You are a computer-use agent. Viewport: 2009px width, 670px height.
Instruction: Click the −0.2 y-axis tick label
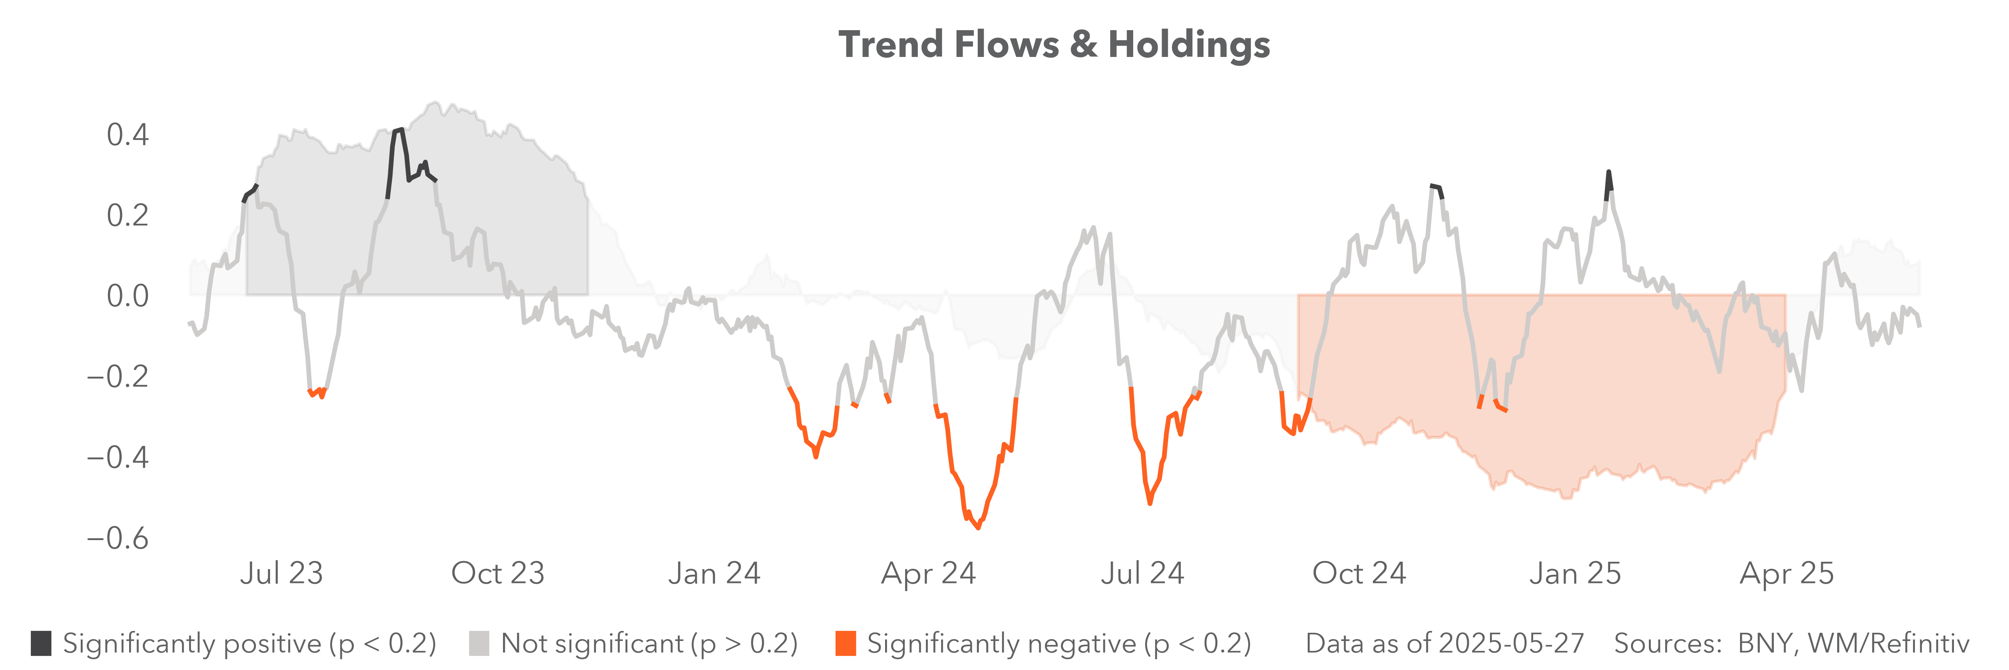tap(118, 377)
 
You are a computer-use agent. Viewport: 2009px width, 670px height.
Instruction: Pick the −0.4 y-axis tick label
tap(118, 457)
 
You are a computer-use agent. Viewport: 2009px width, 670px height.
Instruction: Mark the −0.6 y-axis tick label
tap(118, 538)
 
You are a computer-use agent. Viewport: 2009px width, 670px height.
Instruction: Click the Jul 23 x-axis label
tap(282, 573)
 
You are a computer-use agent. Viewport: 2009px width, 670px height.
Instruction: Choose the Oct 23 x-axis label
tap(497, 573)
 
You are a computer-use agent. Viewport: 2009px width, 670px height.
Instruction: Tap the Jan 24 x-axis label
tap(714, 573)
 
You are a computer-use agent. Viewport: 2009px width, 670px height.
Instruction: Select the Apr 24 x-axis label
tap(928, 573)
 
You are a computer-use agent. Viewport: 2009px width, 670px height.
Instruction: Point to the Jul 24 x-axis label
tap(1143, 573)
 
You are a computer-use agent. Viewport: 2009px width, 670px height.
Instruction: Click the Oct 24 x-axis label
tap(1359, 573)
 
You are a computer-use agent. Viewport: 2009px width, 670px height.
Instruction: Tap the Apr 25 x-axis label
tap(1787, 573)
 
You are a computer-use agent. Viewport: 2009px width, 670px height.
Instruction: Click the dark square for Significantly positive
tap(41, 644)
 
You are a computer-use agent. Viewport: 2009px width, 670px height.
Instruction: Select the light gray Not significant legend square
tap(479, 644)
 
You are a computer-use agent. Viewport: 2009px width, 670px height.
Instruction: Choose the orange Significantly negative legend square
tap(845, 644)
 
